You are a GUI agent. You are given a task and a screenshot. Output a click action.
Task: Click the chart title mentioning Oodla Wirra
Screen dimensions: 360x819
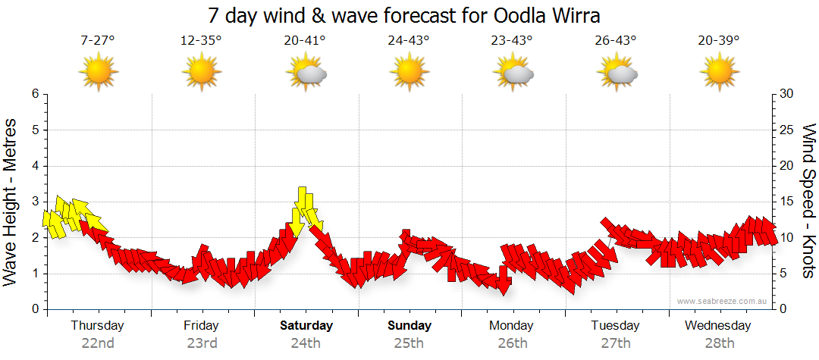pyautogui.click(x=409, y=16)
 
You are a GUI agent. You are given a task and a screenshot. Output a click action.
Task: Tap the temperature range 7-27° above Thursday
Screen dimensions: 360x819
pyautogui.click(x=98, y=41)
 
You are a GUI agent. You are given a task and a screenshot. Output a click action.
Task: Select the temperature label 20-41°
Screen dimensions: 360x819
pyautogui.click(x=305, y=41)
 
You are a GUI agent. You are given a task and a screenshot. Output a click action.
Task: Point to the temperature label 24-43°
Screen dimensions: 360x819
pyautogui.click(x=409, y=41)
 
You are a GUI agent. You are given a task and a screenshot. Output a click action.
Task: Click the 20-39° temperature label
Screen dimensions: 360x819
pyautogui.click(x=719, y=41)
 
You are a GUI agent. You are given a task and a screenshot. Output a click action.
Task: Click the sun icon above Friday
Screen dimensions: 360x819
pyautogui.click(x=201, y=74)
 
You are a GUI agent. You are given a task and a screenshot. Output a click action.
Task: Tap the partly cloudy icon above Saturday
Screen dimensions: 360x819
pyautogui.click(x=306, y=74)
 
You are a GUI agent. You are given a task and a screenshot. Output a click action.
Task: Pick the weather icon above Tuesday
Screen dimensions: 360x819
pyautogui.click(x=617, y=74)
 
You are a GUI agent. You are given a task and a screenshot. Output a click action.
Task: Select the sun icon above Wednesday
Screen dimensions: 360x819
pyautogui.click(x=719, y=74)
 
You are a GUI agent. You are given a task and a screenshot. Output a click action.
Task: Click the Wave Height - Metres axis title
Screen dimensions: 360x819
pyautogui.click(x=11, y=202)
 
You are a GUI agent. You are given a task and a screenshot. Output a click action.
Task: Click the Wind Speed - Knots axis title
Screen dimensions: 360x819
pyautogui.click(x=808, y=202)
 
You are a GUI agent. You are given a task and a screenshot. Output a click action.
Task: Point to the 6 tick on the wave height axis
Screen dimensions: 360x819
pyautogui.click(x=35, y=94)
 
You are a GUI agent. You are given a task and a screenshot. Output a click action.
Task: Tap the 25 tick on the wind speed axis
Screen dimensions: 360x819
pyautogui.click(x=787, y=130)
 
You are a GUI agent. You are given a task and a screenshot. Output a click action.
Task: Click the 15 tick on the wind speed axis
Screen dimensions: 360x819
pyautogui.click(x=787, y=202)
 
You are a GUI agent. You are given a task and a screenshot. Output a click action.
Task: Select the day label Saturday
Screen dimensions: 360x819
pyautogui.click(x=306, y=326)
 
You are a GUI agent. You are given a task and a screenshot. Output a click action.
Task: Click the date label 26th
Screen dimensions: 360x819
pyautogui.click(x=513, y=343)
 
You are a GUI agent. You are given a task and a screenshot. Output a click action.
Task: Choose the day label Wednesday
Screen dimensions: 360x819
pyautogui.click(x=717, y=326)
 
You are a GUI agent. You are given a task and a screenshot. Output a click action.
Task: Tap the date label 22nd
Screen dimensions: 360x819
pyautogui.click(x=98, y=343)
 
